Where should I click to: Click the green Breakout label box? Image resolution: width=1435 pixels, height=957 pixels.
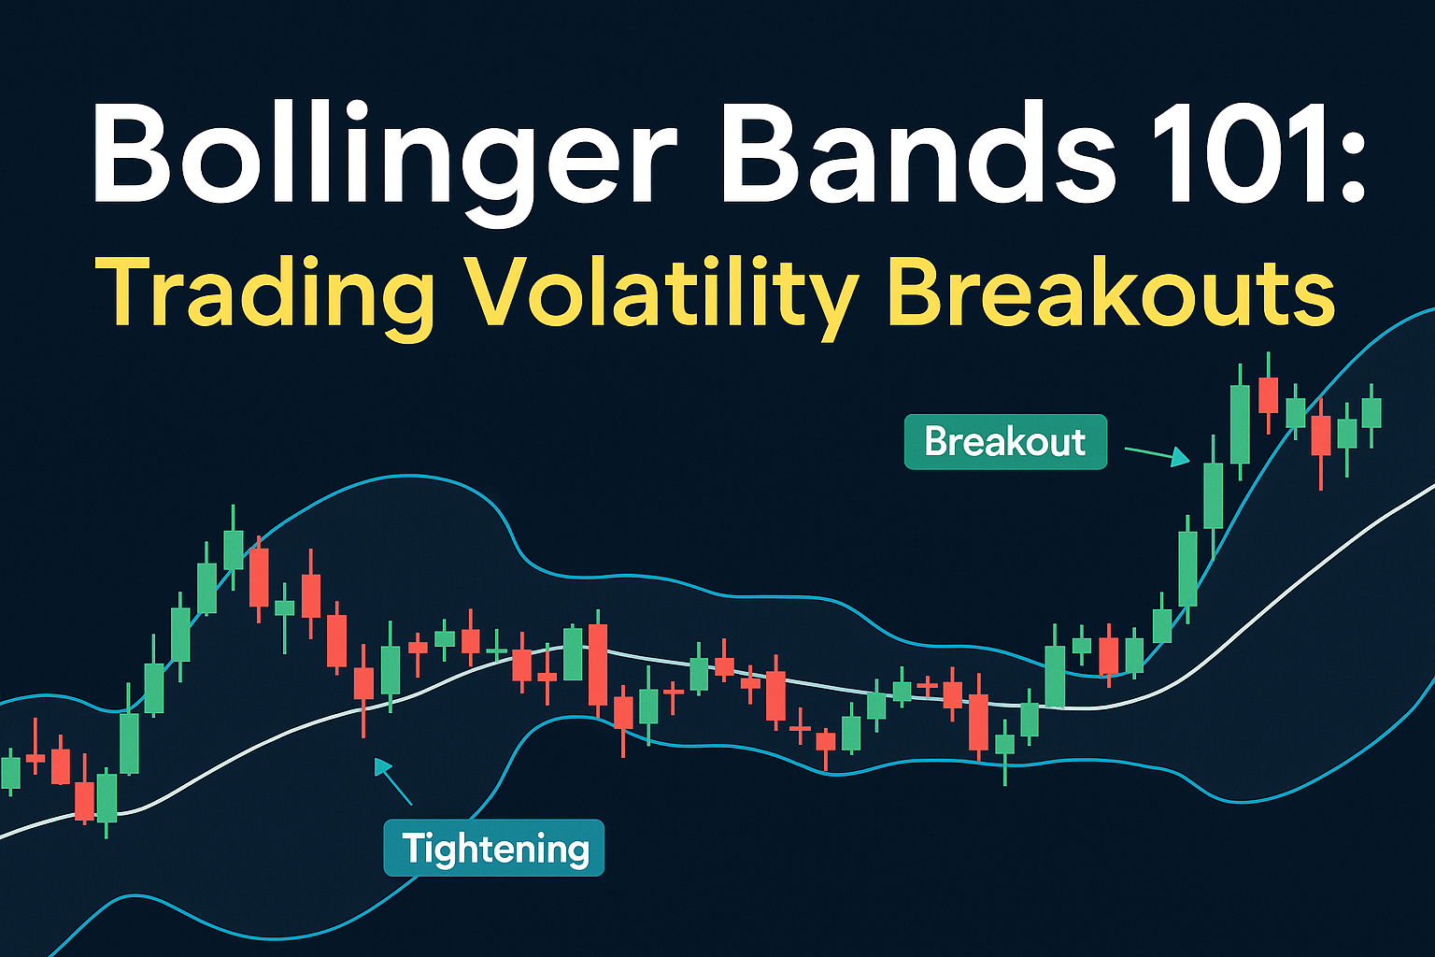(1005, 442)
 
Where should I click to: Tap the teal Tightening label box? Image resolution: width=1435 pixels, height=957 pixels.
(494, 848)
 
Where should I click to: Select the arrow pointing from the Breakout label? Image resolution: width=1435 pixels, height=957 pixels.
(1157, 455)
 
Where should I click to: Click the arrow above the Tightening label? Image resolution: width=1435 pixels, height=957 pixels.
(392, 780)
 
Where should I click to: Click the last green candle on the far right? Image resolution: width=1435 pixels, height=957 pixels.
(1371, 413)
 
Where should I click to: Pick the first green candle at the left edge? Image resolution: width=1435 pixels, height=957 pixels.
(10, 772)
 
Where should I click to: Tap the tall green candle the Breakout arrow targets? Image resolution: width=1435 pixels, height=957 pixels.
(1213, 496)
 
